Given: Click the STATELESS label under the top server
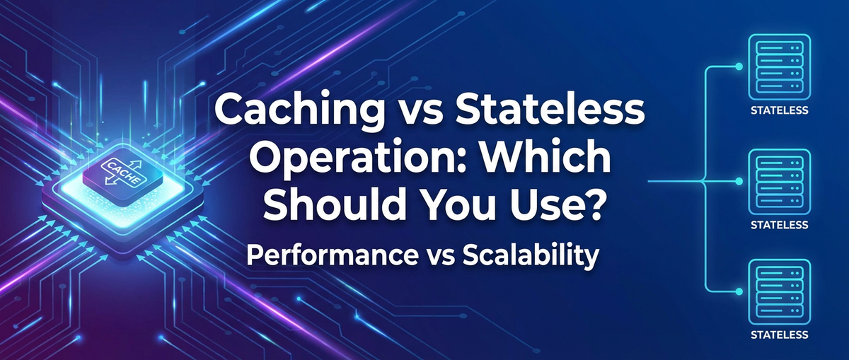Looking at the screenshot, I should (x=778, y=111).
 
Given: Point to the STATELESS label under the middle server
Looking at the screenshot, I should (x=778, y=225).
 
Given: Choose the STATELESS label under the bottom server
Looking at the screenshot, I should (x=778, y=335).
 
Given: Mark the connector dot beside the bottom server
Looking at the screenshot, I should (x=739, y=291).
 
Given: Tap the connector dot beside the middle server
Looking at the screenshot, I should (x=739, y=182).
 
